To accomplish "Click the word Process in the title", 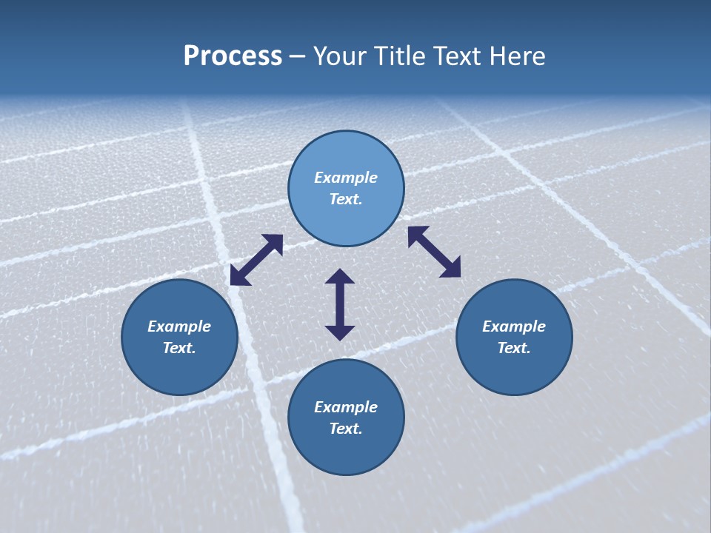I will point(233,56).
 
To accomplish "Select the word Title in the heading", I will point(400,56).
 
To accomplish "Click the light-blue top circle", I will point(346,155).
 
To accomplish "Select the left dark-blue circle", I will point(179,370).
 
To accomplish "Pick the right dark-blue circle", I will point(514,370).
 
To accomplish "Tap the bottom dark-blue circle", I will point(346,452).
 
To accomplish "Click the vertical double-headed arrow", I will point(340,304).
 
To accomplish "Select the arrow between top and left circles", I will point(256,259).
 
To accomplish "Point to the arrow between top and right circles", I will point(434,252).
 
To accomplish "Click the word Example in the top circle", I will point(346,178).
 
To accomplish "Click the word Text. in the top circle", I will point(346,199).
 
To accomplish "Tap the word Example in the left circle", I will point(179,326).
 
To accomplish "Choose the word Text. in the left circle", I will point(179,348).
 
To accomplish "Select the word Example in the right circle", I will point(514,326).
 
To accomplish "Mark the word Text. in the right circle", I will point(514,348).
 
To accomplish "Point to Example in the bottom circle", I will point(346,407).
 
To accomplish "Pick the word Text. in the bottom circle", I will point(346,429).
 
